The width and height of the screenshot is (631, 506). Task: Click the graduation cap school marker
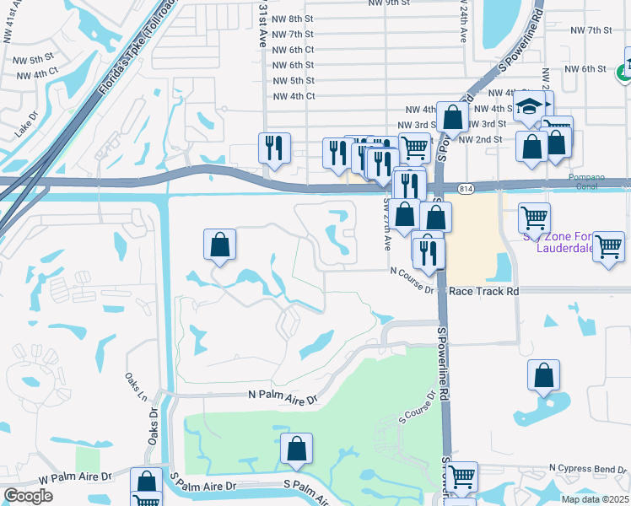tap(529, 106)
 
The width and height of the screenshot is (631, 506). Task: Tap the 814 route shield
tap(466, 187)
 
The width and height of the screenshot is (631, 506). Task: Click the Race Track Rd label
tap(483, 290)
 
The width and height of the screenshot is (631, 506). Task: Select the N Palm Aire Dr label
tap(281, 395)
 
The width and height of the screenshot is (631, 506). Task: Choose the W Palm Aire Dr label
tap(75, 476)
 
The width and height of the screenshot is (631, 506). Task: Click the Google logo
tap(28, 496)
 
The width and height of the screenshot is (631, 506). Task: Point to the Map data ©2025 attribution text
tap(595, 499)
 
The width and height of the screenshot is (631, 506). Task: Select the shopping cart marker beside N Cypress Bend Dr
tap(461, 476)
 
